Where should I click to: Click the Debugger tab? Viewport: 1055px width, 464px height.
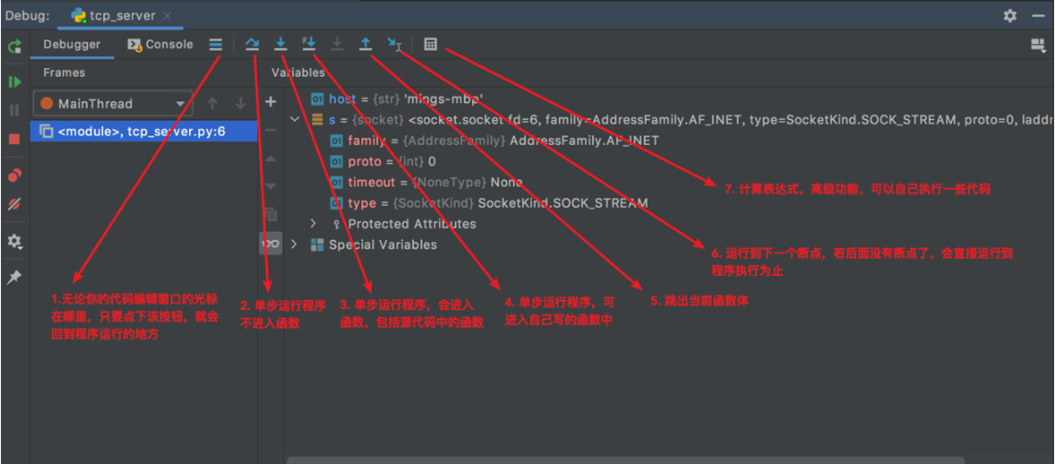tap(72, 44)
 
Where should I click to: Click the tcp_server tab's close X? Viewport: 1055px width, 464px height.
tap(167, 15)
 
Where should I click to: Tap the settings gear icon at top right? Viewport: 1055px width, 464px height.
tap(1010, 15)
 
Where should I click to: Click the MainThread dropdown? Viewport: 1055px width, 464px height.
tap(112, 104)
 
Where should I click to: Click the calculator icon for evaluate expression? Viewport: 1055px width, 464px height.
tap(430, 44)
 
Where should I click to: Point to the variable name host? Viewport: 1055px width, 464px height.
tap(342, 99)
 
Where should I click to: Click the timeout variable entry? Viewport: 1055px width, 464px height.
tap(372, 182)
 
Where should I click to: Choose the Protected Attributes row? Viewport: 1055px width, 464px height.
tap(412, 224)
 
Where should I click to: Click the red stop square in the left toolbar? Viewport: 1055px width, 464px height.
tap(14, 139)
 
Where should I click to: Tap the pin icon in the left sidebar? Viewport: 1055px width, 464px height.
tap(14, 278)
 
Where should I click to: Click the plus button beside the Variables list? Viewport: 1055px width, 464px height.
tap(271, 102)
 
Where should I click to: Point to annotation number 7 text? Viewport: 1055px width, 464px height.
tap(857, 189)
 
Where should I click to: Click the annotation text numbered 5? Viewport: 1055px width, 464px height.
tap(699, 301)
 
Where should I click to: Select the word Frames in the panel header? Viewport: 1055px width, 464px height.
tap(65, 72)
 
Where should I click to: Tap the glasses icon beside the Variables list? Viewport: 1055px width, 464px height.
tap(271, 244)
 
